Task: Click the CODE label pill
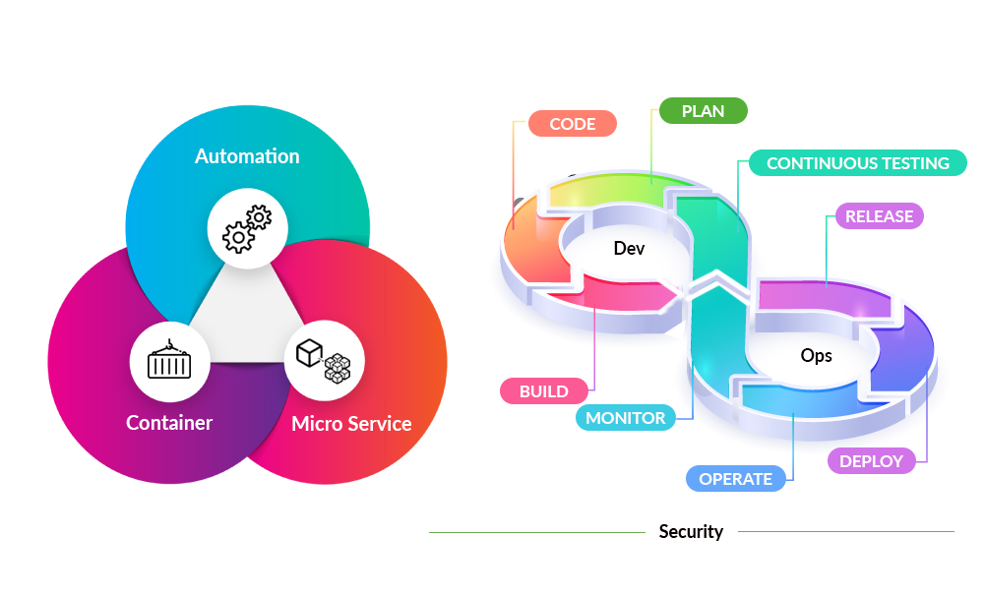coord(572,123)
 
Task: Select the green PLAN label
coord(703,111)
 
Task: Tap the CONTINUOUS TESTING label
coord(858,163)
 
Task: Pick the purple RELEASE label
coord(880,216)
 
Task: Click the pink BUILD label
coord(544,391)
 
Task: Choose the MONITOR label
coord(626,418)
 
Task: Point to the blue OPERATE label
coord(736,479)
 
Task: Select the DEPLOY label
coord(872,460)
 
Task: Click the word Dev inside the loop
coord(629,249)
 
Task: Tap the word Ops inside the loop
coord(816,355)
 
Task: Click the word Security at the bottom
coord(691,532)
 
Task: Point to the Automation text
coord(247,156)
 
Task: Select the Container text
coord(169,423)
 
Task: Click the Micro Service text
coord(351,425)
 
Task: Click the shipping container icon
coord(169,361)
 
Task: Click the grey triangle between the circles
coord(246,315)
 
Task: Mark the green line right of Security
coord(846,532)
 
